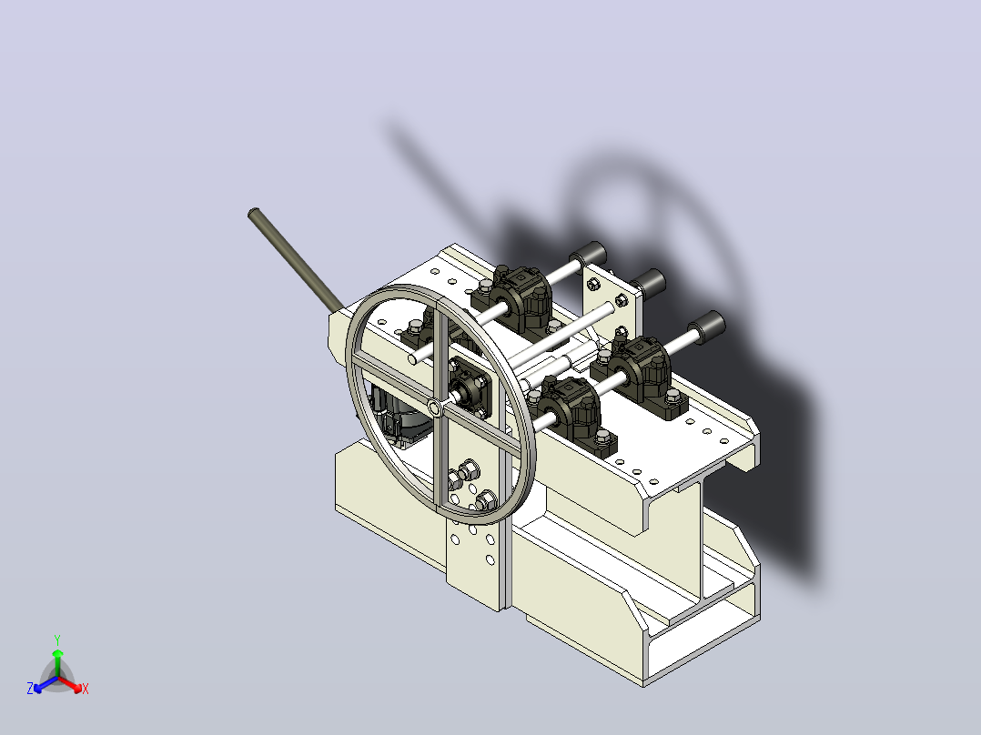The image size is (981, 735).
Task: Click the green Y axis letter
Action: click(x=57, y=639)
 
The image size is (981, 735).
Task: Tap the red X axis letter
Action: click(x=86, y=689)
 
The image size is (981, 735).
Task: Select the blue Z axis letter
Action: click(x=30, y=688)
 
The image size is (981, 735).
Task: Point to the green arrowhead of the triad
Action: click(x=57, y=652)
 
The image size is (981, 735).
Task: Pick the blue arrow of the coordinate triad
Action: click(x=46, y=684)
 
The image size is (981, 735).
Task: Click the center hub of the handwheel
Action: click(x=434, y=408)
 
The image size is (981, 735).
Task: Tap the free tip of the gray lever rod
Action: click(x=253, y=213)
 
